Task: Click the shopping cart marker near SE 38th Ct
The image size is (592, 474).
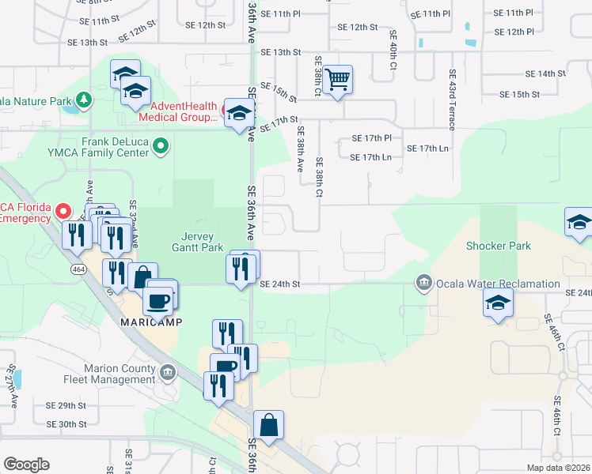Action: (338, 80)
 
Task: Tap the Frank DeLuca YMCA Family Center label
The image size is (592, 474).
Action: (115, 147)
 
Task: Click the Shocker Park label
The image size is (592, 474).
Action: (498, 246)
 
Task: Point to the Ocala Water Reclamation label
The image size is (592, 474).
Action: (498, 284)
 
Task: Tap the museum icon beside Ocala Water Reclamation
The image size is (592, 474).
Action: (423, 283)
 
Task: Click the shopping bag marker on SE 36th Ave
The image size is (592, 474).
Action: (269, 424)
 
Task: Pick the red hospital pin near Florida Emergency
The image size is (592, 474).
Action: (64, 212)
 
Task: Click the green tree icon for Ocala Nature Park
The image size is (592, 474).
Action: (82, 101)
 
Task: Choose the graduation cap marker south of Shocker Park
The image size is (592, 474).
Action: (498, 303)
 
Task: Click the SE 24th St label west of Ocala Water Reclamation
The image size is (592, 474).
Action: (279, 284)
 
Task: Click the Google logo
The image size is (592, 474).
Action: (26, 465)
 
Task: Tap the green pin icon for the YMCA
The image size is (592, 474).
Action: (161, 146)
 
